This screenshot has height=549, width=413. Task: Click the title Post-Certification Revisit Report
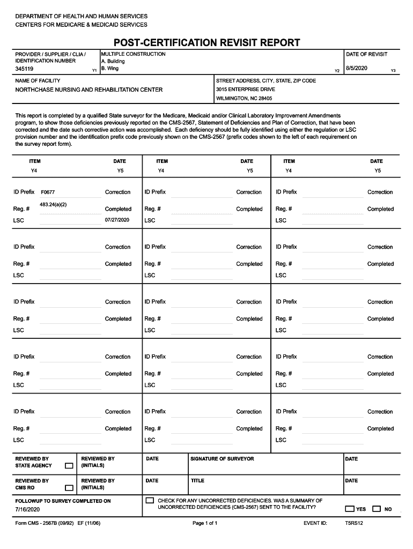coord(206,42)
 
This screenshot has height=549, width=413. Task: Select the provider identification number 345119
coord(25,69)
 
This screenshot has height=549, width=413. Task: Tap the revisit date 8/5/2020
coord(356,69)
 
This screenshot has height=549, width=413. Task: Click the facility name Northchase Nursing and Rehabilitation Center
coord(88,90)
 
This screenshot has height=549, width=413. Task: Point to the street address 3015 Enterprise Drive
coord(245,90)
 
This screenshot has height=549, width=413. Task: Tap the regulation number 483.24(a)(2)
coord(53,205)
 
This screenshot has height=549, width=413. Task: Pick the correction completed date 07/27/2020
coord(117,220)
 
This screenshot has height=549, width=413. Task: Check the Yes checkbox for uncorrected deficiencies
coord(350,509)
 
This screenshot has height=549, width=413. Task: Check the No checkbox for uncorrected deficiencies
coord(377,509)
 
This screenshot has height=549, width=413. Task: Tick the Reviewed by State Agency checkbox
coord(69,466)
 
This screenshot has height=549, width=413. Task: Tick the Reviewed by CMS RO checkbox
coord(69,488)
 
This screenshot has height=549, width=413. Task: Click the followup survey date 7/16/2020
coord(28,509)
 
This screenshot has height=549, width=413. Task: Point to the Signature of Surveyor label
coord(222,459)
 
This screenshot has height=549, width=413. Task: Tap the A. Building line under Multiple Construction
coord(113,62)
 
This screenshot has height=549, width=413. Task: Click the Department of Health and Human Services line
coord(81,17)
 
